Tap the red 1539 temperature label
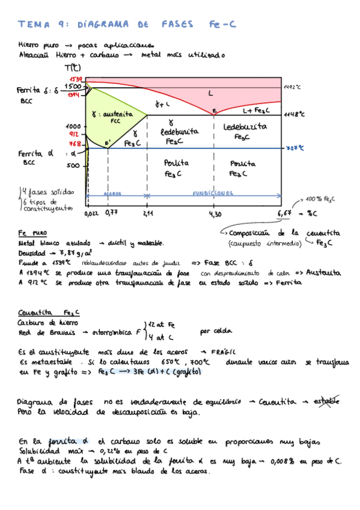(76, 79)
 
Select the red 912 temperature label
(75, 135)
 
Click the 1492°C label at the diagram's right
(292, 87)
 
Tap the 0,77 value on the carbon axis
(111, 212)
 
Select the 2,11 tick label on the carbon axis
(148, 213)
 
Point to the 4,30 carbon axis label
(215, 213)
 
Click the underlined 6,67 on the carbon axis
(285, 212)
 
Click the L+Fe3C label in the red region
(256, 111)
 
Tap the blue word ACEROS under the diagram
(113, 194)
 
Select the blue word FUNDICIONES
(213, 194)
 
